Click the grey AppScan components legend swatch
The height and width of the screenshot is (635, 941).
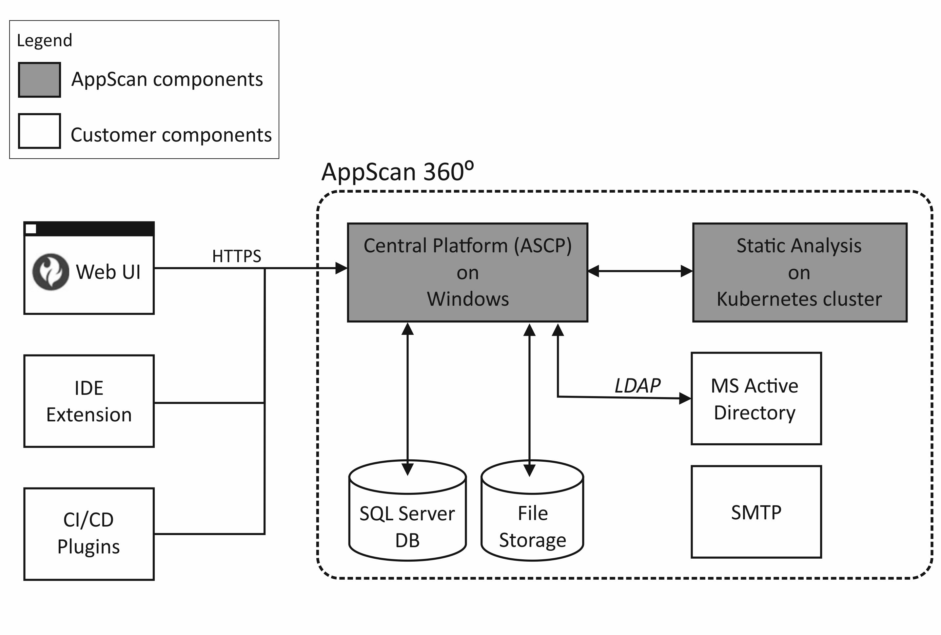(x=39, y=80)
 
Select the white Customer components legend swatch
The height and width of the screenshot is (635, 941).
(x=39, y=131)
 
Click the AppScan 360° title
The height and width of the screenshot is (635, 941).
(x=397, y=172)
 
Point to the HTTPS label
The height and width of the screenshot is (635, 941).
(x=236, y=256)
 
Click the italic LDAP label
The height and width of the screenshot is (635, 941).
(x=637, y=386)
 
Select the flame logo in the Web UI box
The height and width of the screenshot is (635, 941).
(x=50, y=272)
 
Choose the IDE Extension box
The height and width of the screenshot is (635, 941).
(x=89, y=401)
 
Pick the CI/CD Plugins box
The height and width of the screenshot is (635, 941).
(x=89, y=533)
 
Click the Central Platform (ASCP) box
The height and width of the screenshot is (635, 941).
(x=467, y=272)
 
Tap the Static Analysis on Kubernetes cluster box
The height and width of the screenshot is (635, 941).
(x=799, y=272)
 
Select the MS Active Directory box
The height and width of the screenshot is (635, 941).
(x=756, y=399)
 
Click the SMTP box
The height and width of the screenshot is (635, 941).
(x=756, y=512)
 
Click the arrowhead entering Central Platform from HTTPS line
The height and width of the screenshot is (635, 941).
(x=341, y=268)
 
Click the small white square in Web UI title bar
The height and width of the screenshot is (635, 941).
(x=31, y=229)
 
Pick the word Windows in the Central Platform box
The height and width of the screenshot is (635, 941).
(x=468, y=299)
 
